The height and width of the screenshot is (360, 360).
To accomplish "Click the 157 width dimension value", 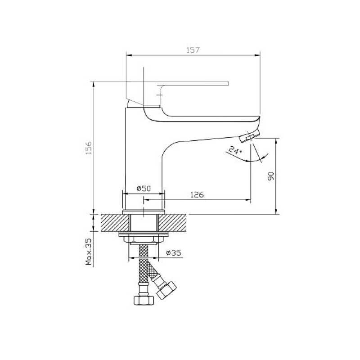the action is tap(193, 50).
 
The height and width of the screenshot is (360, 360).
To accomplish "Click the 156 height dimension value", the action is tap(89, 148).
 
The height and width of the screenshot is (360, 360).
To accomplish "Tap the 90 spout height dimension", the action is tap(271, 176).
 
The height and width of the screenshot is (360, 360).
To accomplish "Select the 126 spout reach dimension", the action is tap(197, 195).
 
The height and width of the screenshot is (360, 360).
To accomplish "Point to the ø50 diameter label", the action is tap(144, 189).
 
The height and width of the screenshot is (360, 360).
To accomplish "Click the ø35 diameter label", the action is tap(174, 253).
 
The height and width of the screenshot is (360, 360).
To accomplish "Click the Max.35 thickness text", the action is tap(89, 252).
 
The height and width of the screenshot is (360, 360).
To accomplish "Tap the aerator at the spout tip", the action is tap(249, 136).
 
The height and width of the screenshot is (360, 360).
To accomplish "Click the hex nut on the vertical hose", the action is tap(144, 300).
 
